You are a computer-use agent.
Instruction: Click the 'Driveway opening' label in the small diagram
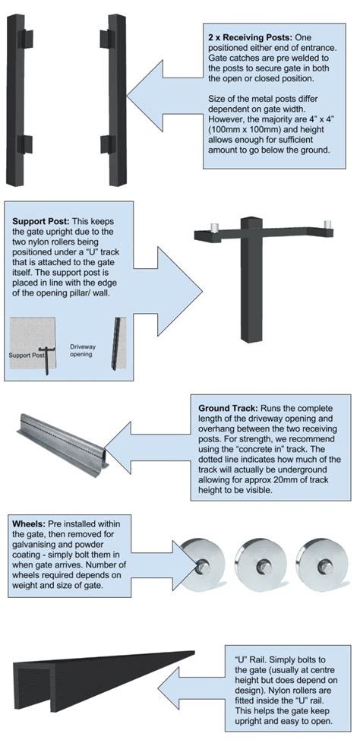click(85, 348)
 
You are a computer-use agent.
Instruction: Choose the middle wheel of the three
click(263, 564)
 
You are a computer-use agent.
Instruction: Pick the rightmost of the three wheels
click(319, 564)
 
